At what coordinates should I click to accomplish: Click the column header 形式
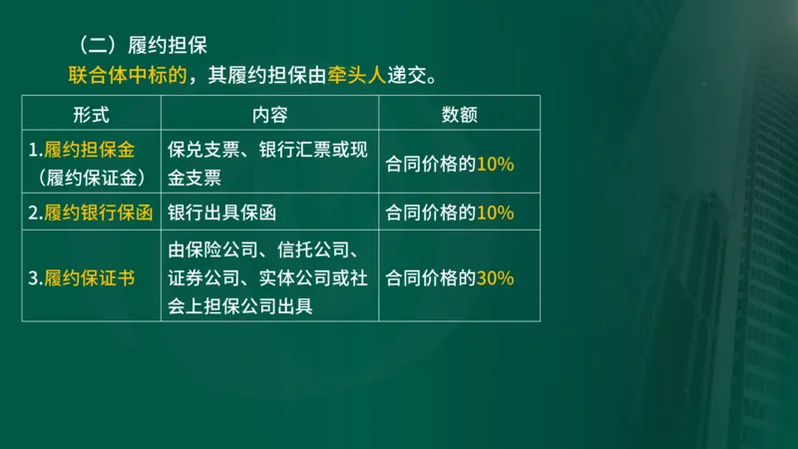coord(91,115)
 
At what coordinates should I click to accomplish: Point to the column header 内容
coord(269,115)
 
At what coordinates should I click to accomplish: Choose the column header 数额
coord(459,115)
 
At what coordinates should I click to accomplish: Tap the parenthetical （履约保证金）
coord(91,178)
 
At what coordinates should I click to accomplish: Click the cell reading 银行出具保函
coord(221,213)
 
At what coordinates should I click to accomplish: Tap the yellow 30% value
coord(495,278)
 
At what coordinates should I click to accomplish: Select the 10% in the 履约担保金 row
coord(495,164)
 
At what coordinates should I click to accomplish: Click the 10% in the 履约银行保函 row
coord(495,213)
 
